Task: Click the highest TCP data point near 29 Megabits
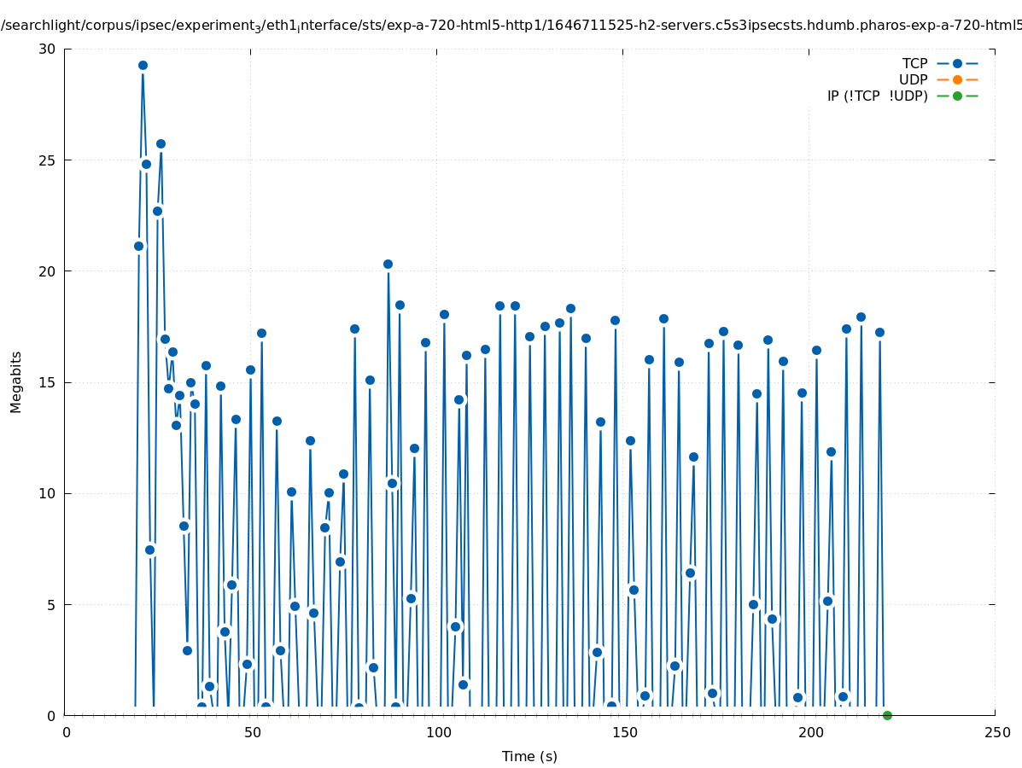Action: pyautogui.click(x=143, y=66)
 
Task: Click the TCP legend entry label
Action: pyautogui.click(x=914, y=64)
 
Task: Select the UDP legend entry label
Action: pyautogui.click(x=913, y=80)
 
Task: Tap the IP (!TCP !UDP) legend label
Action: pyautogui.click(x=877, y=96)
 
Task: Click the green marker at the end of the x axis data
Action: pyautogui.click(x=887, y=715)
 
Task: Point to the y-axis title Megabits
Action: pyautogui.click(x=16, y=381)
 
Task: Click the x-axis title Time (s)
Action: pyautogui.click(x=529, y=756)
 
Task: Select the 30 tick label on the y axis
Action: pyautogui.click(x=46, y=49)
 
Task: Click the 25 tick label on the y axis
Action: pyautogui.click(x=46, y=160)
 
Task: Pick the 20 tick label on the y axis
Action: pyautogui.click(x=46, y=271)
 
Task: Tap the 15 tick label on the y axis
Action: pyautogui.click(x=46, y=382)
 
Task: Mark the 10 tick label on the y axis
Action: pyautogui.click(x=46, y=493)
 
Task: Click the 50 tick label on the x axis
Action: pyautogui.click(x=253, y=733)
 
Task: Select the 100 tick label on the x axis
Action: pyautogui.click(x=438, y=733)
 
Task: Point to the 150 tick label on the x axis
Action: pyautogui.click(x=624, y=733)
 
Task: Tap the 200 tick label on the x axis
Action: pyautogui.click(x=810, y=733)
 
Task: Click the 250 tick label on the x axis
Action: pyautogui.click(x=996, y=733)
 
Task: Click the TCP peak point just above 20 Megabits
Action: pyautogui.click(x=388, y=265)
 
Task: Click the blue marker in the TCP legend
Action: pyautogui.click(x=957, y=64)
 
